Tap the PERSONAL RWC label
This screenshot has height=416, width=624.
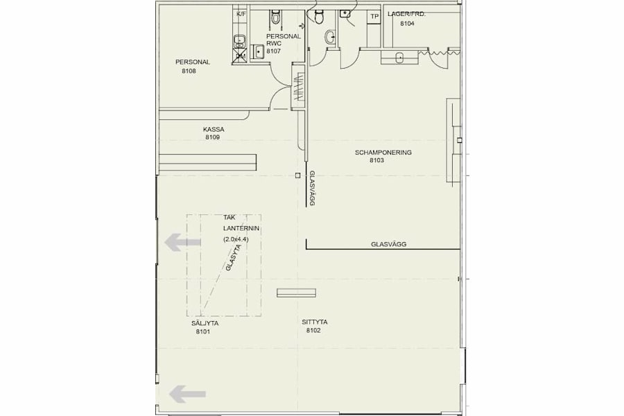click(x=283, y=40)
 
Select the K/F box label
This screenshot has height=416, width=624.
click(x=241, y=14)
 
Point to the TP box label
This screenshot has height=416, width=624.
click(x=374, y=17)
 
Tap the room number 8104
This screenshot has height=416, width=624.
click(x=407, y=24)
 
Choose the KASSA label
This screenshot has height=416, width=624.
click(x=214, y=129)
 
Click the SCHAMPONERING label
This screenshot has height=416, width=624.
click(x=383, y=152)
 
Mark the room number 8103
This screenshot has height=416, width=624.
click(x=376, y=160)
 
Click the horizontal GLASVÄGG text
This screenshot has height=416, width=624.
click(x=388, y=244)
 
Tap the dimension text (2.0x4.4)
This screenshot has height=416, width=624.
click(x=236, y=239)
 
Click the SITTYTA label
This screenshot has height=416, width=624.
click(x=314, y=322)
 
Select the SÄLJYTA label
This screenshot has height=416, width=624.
click(x=203, y=323)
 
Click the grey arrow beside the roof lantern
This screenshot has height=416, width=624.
click(x=182, y=243)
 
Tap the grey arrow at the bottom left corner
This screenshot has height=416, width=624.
click(x=187, y=394)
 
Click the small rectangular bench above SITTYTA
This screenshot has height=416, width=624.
click(x=296, y=293)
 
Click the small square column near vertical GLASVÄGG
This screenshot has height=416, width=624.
click(x=297, y=175)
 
